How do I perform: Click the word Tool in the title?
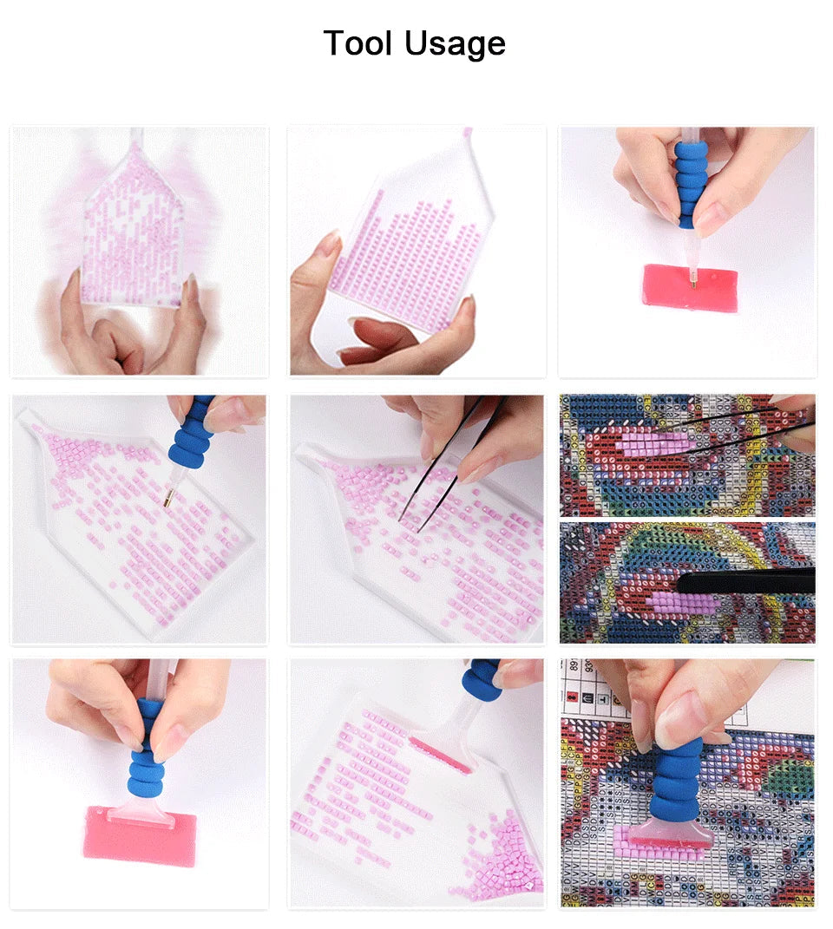pyautogui.click(x=357, y=43)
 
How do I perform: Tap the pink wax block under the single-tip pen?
pyautogui.click(x=692, y=287)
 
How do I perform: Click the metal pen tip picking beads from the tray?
pyautogui.click(x=169, y=496)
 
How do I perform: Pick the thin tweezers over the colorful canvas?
pyautogui.click(x=746, y=428)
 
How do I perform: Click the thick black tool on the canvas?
pyautogui.click(x=746, y=580)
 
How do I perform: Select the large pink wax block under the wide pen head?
pyautogui.click(x=140, y=836)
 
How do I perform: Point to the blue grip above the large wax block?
pyautogui.click(x=145, y=749)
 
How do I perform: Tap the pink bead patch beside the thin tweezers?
pyautogui.click(x=655, y=442)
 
